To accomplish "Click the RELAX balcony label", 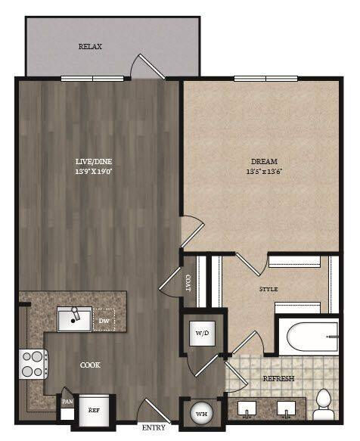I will [90, 47].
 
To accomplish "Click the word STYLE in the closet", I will [268, 290].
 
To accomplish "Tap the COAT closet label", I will [189, 281].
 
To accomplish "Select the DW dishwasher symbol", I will [104, 320].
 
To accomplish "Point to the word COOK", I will [90, 365].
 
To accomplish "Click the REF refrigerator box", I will [94, 409].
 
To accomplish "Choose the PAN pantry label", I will [67, 401].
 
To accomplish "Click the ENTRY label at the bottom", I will [154, 428].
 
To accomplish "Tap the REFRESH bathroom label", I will [278, 378].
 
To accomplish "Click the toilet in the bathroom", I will [324, 407].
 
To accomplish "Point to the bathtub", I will [308, 336].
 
